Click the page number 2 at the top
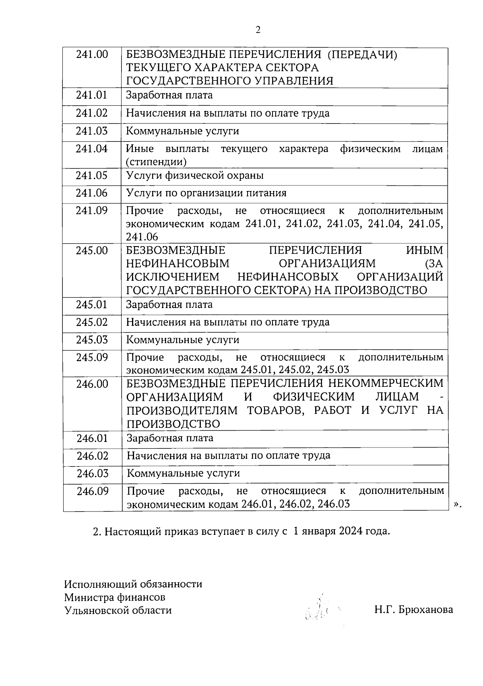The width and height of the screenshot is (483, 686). (258, 30)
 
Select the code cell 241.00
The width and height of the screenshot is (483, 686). (92, 54)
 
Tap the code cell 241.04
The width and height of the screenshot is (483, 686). (92, 149)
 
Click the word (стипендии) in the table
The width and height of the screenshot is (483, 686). (156, 162)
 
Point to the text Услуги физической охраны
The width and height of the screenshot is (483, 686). (195, 176)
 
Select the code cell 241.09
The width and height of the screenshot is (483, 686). (92, 211)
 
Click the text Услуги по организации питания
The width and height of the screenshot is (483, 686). (206, 193)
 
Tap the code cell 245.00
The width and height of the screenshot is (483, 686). (92, 251)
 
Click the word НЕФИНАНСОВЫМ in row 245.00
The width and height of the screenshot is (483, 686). (178, 264)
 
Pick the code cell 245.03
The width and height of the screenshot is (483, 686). (92, 340)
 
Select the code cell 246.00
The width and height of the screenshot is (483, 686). (93, 384)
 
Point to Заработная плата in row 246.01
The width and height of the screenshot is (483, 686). (170, 438)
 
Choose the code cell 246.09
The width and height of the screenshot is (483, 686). (93, 491)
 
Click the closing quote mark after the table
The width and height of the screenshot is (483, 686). (456, 504)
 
